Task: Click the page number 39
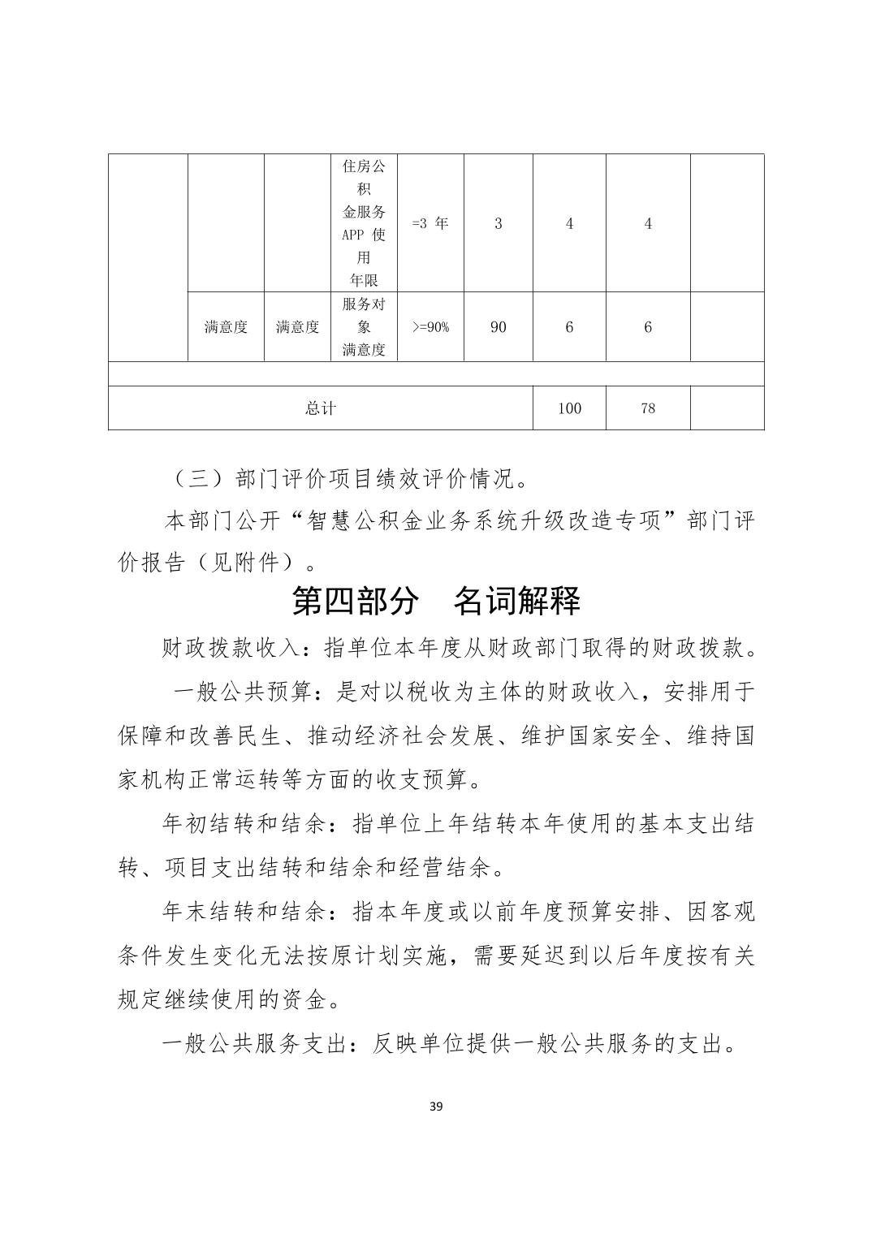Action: tap(436, 1106)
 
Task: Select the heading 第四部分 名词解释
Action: tap(436, 602)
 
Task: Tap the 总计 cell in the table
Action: tap(321, 408)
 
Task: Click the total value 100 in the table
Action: tap(569, 408)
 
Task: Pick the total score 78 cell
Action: tap(647, 408)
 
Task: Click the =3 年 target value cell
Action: tap(430, 223)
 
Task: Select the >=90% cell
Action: tap(430, 327)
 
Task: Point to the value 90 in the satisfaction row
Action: tap(498, 327)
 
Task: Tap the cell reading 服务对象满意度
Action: tap(364, 327)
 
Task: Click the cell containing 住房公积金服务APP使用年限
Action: tap(364, 223)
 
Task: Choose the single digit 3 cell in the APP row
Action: tap(498, 223)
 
